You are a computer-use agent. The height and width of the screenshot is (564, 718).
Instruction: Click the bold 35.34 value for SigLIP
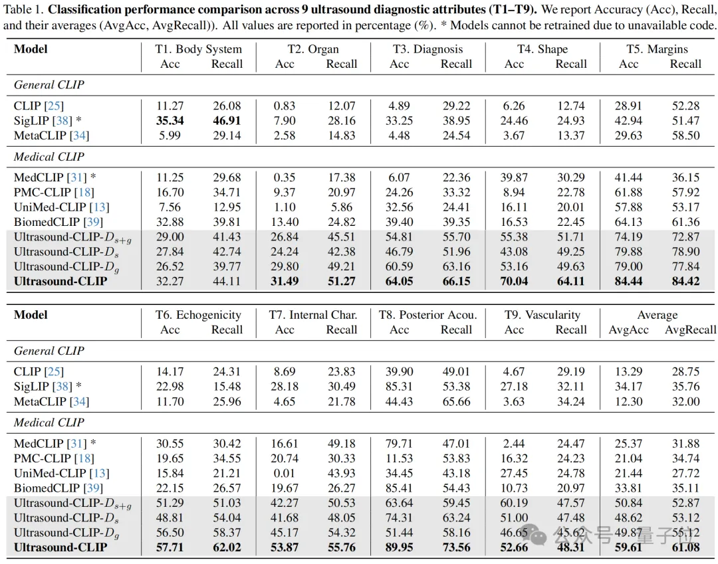[170, 120]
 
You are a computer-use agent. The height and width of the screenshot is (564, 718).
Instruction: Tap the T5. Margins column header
[657, 49]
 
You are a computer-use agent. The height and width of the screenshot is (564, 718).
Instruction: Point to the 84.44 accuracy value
[628, 281]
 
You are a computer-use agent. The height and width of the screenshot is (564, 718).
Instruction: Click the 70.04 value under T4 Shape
[514, 281]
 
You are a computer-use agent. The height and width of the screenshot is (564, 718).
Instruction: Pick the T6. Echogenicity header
[198, 315]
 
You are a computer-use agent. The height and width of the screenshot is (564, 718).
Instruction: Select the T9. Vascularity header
[542, 315]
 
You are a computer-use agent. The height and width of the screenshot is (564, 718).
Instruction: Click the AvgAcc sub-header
[628, 330]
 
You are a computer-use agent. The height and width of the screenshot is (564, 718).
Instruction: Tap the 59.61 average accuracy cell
[628, 547]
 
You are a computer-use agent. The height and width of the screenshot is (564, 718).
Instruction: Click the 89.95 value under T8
[399, 547]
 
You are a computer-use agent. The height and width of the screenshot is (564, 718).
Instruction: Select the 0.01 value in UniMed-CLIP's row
[285, 473]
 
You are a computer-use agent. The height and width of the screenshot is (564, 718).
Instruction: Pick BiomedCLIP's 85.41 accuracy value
[399, 488]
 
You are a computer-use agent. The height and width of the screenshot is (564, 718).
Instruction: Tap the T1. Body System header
[198, 49]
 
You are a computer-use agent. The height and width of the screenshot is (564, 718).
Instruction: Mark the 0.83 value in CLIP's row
[285, 106]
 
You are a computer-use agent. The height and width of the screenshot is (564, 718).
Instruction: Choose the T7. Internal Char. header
[313, 315]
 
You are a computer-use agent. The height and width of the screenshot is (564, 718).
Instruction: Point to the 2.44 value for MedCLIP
[514, 443]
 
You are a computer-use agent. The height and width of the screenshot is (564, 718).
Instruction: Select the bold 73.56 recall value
[456, 547]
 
